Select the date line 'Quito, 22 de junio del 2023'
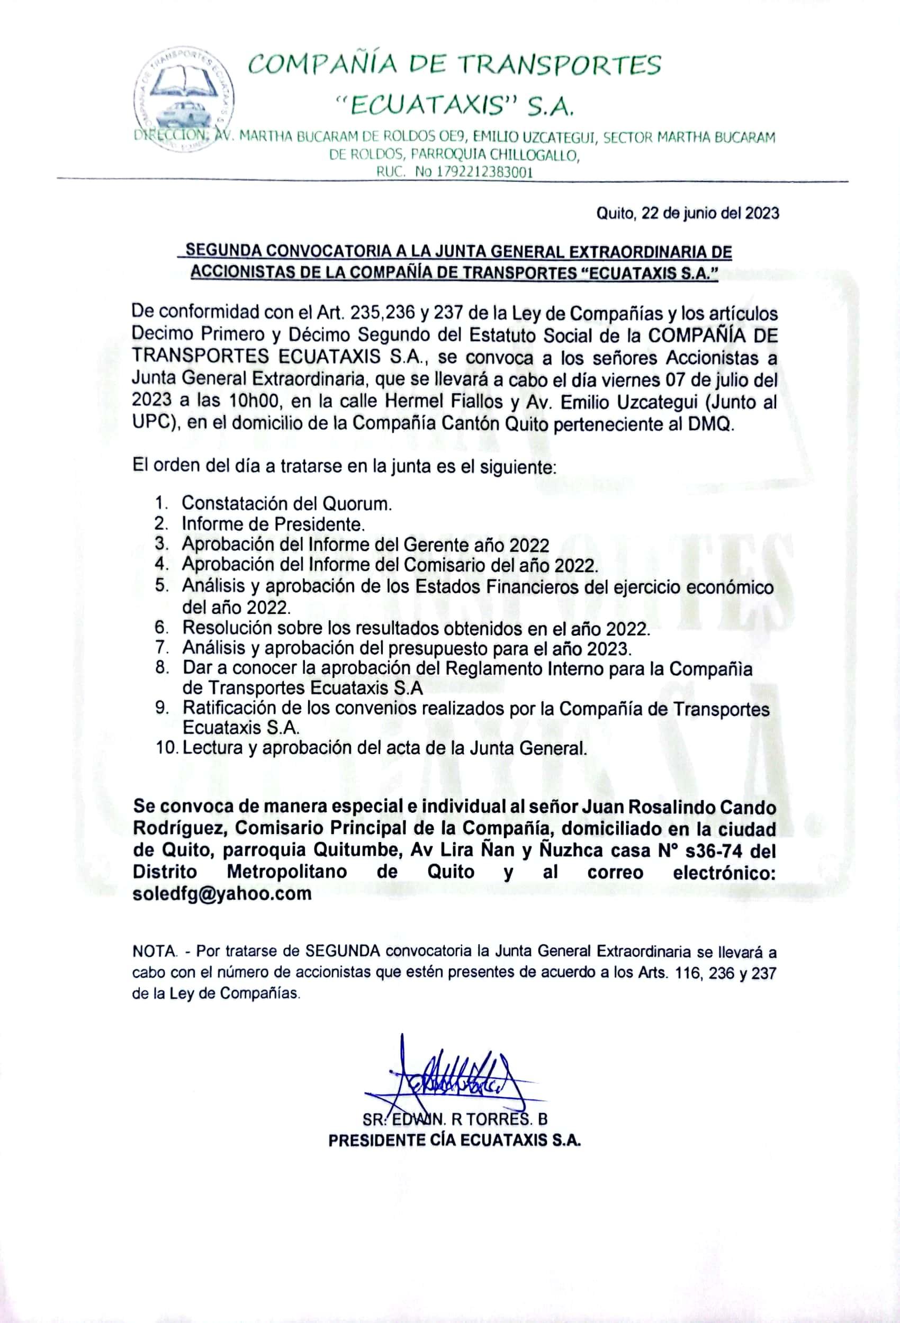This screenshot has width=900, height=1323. pos(687,213)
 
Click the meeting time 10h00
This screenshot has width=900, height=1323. pos(254,402)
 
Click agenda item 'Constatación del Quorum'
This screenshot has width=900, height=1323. pos(286,503)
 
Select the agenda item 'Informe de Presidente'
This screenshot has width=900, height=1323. pos(273,524)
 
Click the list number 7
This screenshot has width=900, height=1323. pos(161,647)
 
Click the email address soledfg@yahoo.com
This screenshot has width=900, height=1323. pos(222,893)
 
